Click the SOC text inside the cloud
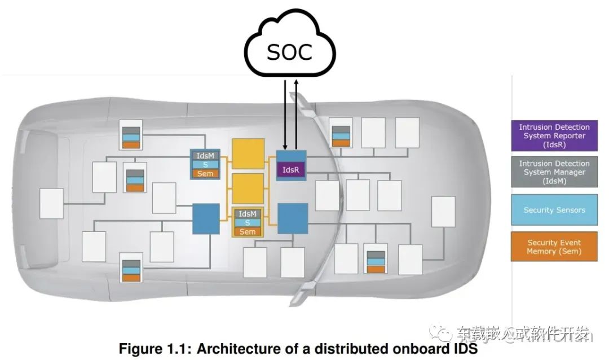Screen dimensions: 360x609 [289, 52]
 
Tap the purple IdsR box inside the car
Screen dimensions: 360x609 [291, 169]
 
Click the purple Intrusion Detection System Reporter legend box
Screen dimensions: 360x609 [554, 135]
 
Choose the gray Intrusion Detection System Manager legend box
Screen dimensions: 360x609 [554, 172]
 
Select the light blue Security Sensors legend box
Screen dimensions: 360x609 [554, 210]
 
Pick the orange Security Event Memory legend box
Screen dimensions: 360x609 [554, 247]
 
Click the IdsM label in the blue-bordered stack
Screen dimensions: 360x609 [205, 156]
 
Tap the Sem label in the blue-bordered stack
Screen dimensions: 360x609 [205, 173]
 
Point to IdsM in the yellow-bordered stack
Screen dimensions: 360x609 [248, 214]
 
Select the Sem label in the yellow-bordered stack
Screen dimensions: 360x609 [248, 231]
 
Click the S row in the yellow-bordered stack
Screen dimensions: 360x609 [248, 223]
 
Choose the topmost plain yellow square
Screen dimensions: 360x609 [248, 153]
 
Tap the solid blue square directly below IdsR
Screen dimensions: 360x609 [293, 218]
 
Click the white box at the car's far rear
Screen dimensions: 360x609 [51, 203]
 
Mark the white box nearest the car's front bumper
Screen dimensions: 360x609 [443, 212]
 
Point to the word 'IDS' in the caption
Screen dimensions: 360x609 [464, 349]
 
